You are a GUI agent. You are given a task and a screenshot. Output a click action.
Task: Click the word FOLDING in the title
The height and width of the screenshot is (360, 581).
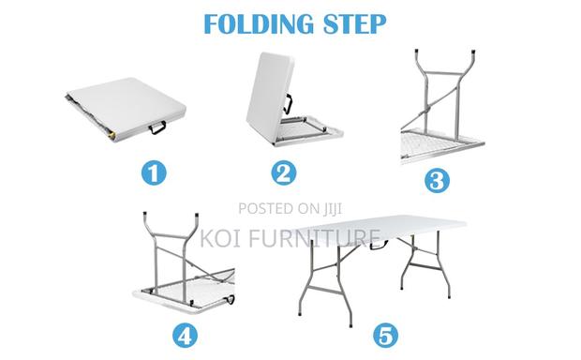click(254, 24)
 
